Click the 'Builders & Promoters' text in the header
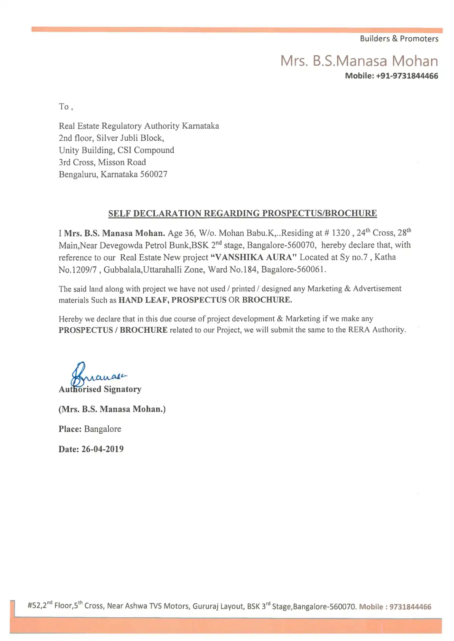tap(399, 39)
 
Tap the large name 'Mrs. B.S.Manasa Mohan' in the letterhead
tap(359, 61)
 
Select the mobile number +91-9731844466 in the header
tap(407, 76)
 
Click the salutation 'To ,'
tap(66, 107)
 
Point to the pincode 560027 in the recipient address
tap(153, 174)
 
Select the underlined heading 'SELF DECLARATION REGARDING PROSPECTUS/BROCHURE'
tap(242, 213)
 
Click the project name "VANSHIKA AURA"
tap(253, 257)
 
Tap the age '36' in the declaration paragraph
tap(190, 233)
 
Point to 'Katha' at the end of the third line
tap(385, 257)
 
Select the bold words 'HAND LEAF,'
tap(144, 300)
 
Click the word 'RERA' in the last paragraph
tap(359, 330)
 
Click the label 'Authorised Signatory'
tap(100, 389)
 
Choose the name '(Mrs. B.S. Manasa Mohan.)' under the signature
tap(112, 409)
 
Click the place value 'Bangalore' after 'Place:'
tap(102, 429)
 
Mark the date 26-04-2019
tap(102, 449)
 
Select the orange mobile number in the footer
tap(410, 607)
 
